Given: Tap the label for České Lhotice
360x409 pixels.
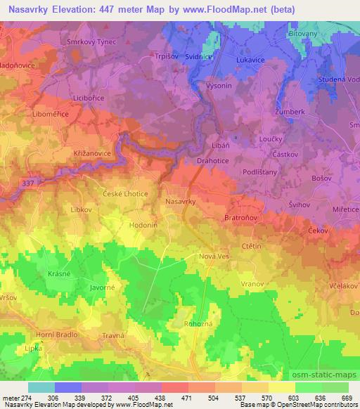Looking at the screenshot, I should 124,193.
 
